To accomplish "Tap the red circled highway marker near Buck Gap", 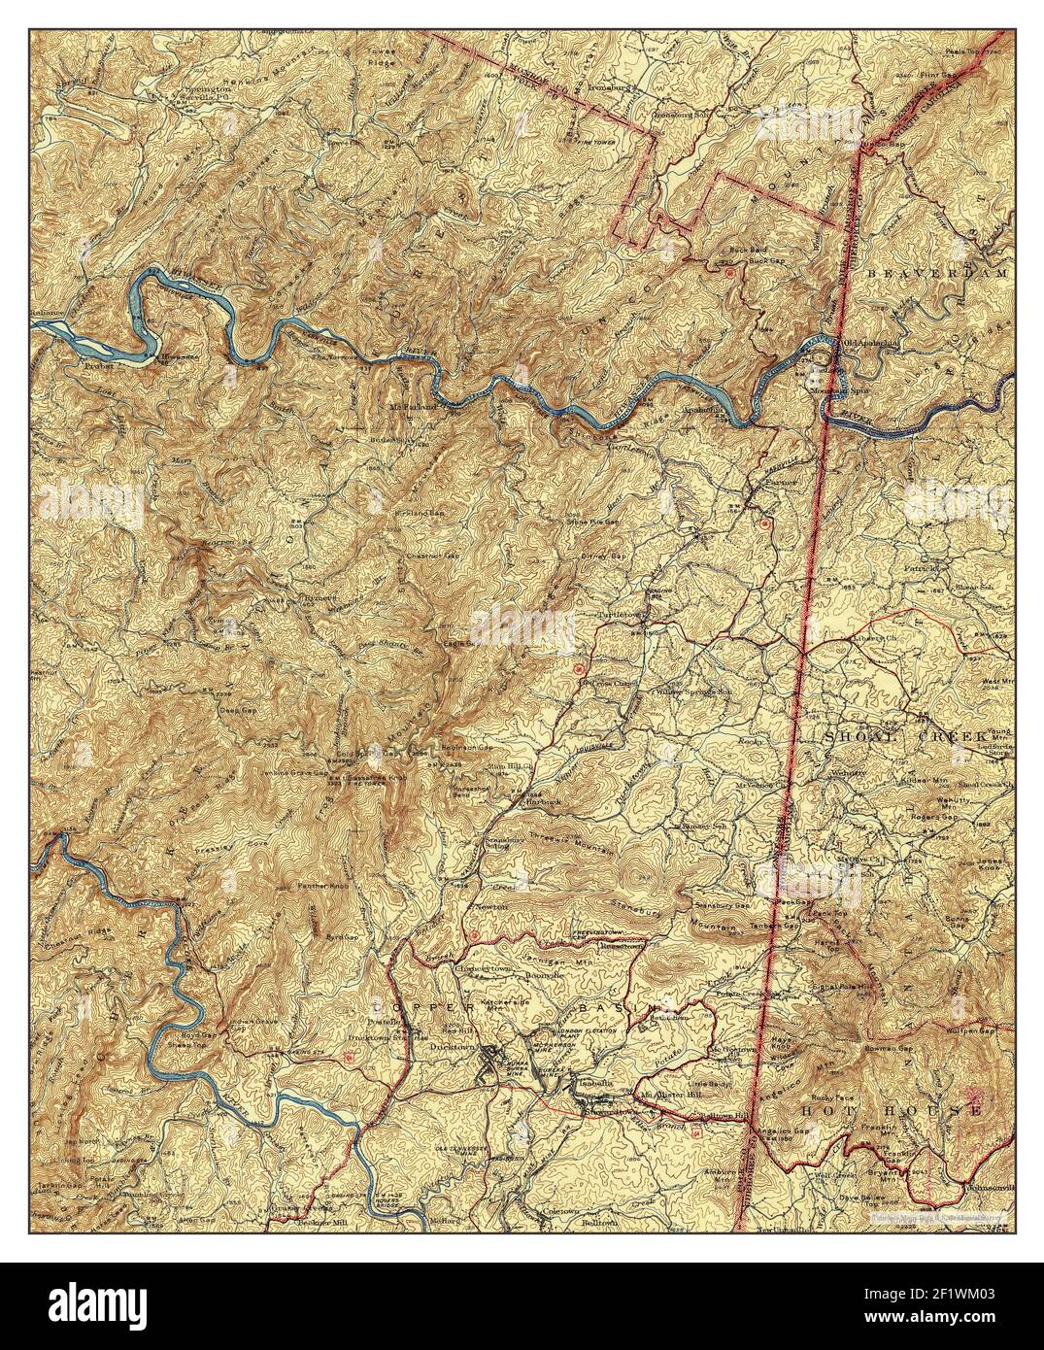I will point(729,274).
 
